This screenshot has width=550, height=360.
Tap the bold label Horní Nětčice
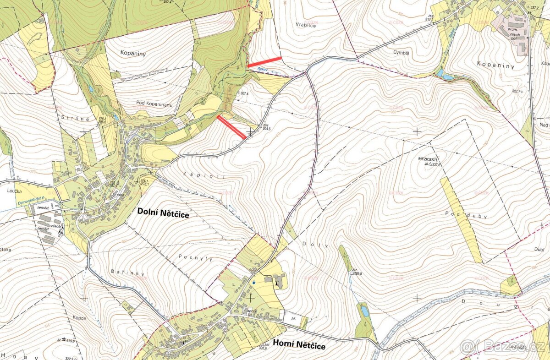299,346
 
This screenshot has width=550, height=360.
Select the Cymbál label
401,53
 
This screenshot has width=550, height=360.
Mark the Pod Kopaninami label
154,105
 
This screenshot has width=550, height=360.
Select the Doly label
321,245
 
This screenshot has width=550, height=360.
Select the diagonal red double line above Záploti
231,127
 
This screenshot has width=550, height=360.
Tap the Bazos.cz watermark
503,347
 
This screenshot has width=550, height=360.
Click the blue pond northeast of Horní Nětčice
364,311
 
